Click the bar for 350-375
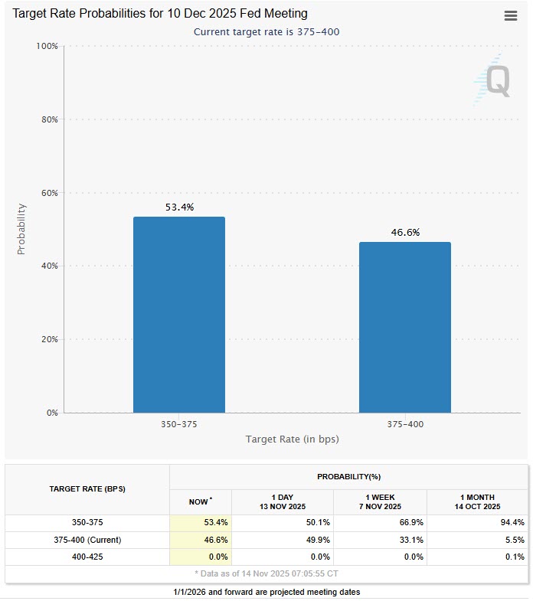click(x=178, y=315)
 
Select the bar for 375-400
click(x=404, y=327)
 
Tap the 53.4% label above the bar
click(x=179, y=207)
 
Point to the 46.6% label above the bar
click(x=405, y=233)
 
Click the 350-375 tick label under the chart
click(x=179, y=423)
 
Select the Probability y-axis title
click(x=21, y=229)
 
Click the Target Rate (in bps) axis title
click(x=292, y=439)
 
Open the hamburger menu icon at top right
click(x=511, y=16)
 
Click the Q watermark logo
click(x=491, y=80)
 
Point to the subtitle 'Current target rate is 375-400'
click(x=266, y=31)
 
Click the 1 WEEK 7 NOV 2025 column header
click(x=381, y=501)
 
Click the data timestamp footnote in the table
click(x=266, y=573)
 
